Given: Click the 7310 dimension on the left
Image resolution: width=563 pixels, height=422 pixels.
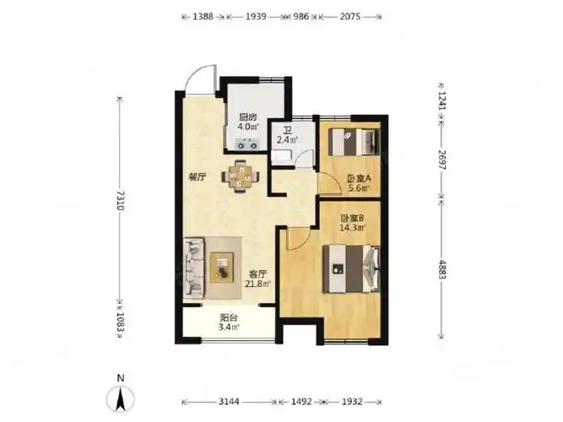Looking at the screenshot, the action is pyautogui.click(x=121, y=201).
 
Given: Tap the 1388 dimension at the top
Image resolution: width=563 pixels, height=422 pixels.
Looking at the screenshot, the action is pyautogui.click(x=203, y=17).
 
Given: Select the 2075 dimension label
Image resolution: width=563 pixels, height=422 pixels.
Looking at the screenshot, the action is pyautogui.click(x=350, y=17).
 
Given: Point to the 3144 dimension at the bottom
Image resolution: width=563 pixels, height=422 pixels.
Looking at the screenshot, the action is pyautogui.click(x=229, y=402).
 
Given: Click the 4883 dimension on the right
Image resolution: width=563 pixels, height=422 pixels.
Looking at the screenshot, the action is pyautogui.click(x=441, y=269).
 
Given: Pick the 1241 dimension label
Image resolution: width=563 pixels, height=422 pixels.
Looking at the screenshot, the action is pyautogui.click(x=441, y=101).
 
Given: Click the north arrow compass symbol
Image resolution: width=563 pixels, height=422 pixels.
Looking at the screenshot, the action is pyautogui.click(x=121, y=398).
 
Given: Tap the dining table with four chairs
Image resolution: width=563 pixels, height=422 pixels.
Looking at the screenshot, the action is pyautogui.click(x=240, y=176).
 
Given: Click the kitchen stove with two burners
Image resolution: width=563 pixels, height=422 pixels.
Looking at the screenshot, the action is pyautogui.click(x=247, y=143).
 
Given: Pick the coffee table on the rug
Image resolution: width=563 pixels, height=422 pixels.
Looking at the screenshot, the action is pyautogui.click(x=222, y=268).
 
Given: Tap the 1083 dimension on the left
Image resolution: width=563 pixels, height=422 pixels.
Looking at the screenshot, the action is pyautogui.click(x=121, y=325).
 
